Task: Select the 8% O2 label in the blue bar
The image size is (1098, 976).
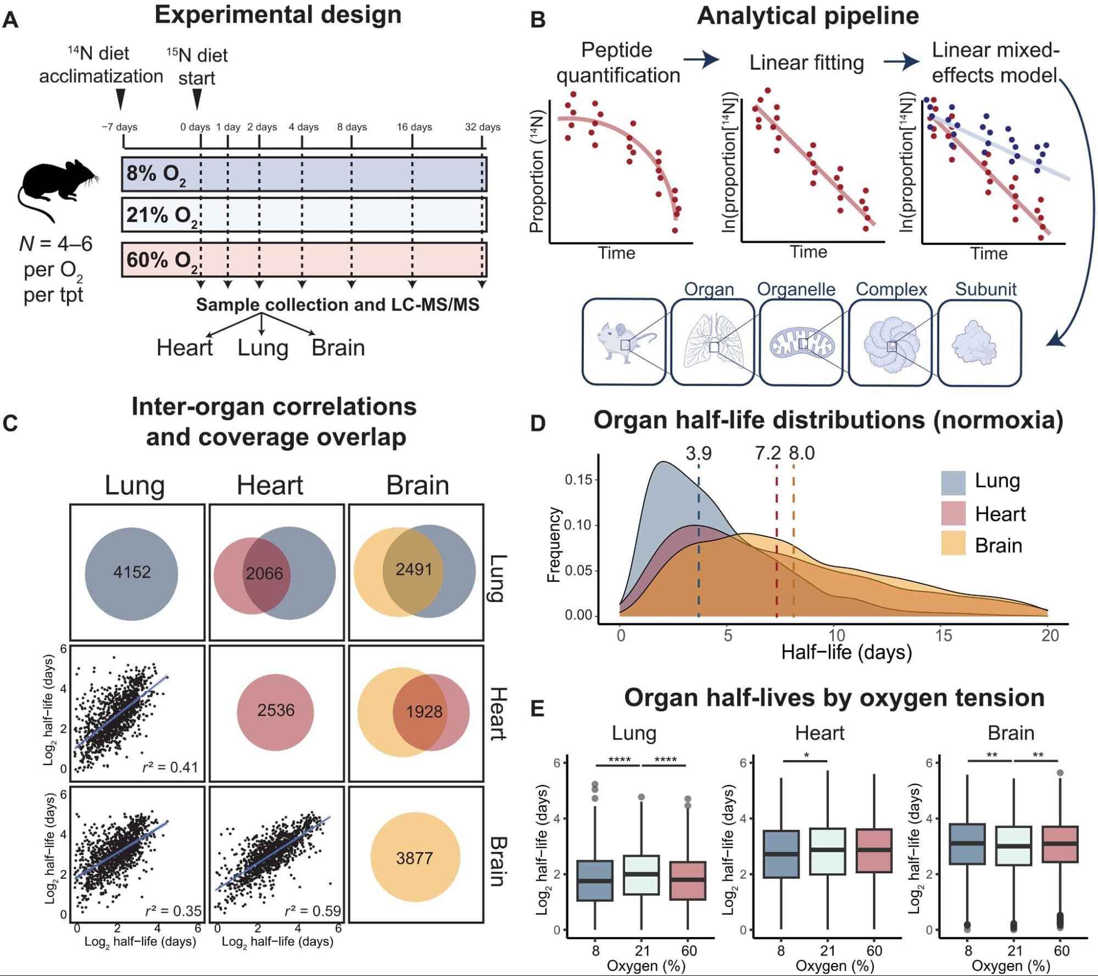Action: [x=155, y=174]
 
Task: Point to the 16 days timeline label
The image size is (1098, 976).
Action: [x=414, y=127]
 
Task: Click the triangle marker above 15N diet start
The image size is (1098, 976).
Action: [x=197, y=99]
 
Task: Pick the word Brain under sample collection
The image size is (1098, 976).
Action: [x=338, y=348]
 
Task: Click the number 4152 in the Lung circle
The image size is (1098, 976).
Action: [x=132, y=572]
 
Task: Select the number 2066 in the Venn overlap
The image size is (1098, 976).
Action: [x=264, y=573]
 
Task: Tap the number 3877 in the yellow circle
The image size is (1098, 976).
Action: [x=415, y=858]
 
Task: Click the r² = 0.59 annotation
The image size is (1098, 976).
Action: [x=313, y=911]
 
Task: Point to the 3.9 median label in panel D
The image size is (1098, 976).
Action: [x=698, y=454]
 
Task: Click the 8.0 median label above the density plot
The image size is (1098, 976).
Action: [x=802, y=454]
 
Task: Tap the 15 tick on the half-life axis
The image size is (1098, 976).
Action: [x=943, y=635]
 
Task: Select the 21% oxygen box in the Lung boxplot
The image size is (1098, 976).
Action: [x=641, y=874]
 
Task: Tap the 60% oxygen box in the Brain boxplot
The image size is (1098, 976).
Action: [x=1061, y=844]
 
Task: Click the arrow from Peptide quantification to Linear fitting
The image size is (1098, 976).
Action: [x=701, y=59]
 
